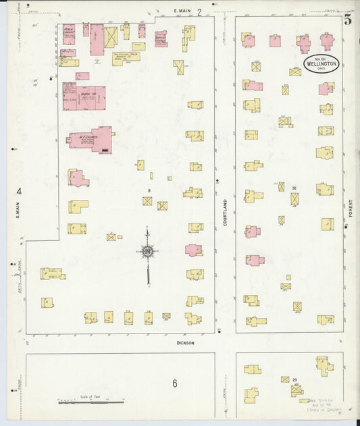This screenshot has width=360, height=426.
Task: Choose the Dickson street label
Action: (185, 343)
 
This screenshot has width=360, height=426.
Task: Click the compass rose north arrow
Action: (147, 251)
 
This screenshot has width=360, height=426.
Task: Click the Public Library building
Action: (68, 33)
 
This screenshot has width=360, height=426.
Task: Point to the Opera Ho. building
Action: (80, 97)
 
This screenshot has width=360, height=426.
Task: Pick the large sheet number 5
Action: (347, 20)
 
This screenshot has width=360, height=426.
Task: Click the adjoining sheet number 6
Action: (174, 384)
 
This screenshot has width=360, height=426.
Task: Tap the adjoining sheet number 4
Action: (19, 191)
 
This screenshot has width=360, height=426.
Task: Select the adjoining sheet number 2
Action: (199, 11)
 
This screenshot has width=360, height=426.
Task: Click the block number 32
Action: (294, 188)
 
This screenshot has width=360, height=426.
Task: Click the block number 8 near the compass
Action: (147, 191)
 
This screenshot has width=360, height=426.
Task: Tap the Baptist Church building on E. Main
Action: (161, 38)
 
